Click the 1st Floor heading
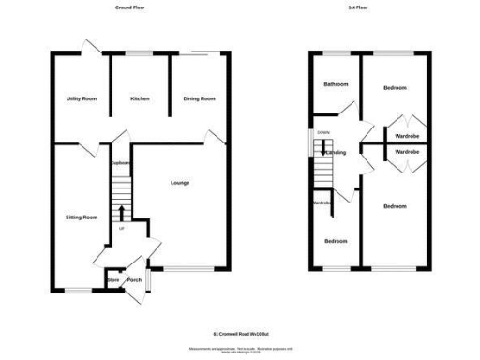(x=356, y=7)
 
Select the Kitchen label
(x=141, y=98)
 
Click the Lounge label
(x=180, y=182)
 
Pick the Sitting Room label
(x=82, y=217)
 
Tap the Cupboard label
(x=119, y=163)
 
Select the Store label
(x=112, y=279)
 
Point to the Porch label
(x=134, y=279)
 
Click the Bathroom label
(x=336, y=84)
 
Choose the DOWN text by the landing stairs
(x=323, y=133)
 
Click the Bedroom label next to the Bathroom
(x=395, y=88)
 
